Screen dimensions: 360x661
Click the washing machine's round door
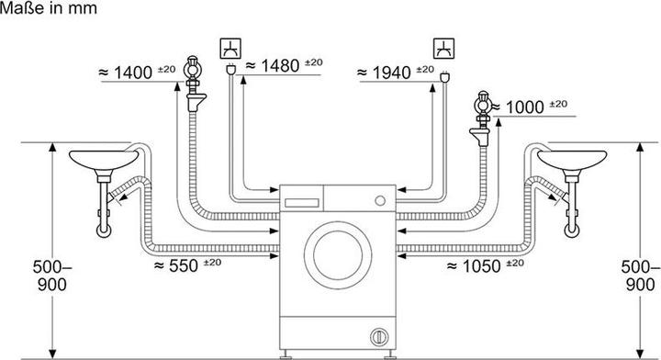tap(338, 257)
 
